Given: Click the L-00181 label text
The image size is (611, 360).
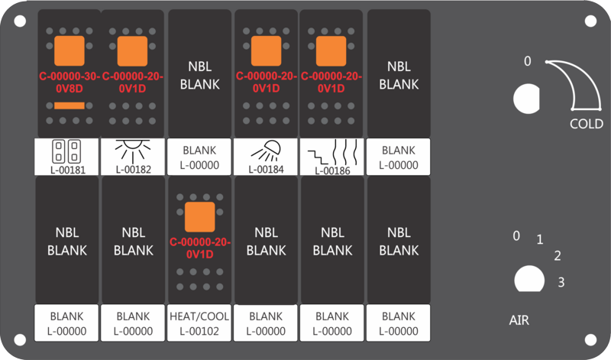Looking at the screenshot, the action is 68,170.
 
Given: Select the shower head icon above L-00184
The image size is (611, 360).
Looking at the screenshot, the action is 266,151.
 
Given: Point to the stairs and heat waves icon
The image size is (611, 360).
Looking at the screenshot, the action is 332,153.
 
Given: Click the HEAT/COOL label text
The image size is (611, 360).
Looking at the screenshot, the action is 199,316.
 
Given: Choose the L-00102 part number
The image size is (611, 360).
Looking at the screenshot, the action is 199,331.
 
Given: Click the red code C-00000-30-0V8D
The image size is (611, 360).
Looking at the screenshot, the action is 70,83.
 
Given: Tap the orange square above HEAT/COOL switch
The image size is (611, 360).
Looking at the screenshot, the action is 199,217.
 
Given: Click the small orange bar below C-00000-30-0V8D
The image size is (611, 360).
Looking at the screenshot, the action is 70,105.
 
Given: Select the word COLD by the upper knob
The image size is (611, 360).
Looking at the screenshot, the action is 587,124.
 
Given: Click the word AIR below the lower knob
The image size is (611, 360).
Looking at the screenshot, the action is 519,320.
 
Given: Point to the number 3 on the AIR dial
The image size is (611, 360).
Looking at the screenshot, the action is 561,282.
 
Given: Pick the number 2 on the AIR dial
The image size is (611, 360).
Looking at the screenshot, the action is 558,256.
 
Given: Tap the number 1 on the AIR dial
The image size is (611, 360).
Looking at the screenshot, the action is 540,239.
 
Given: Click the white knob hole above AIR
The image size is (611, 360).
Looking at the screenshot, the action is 529,279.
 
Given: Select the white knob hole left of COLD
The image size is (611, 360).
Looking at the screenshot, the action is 526,99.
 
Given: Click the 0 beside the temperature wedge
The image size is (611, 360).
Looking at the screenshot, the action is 527,61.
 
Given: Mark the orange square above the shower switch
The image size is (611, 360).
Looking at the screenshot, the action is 266,51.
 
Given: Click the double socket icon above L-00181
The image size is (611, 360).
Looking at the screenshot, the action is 66,151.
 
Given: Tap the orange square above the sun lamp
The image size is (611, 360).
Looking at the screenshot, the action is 132,51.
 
